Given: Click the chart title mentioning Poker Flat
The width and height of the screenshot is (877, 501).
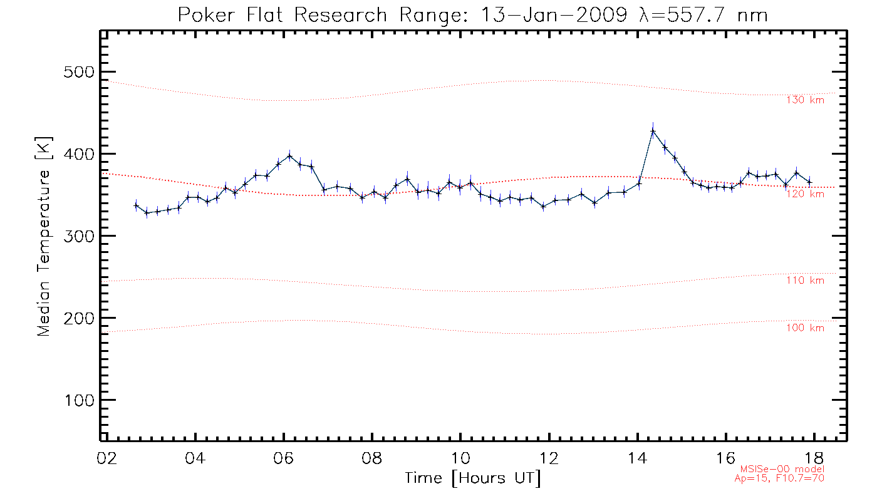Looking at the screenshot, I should pyautogui.click(x=473, y=14).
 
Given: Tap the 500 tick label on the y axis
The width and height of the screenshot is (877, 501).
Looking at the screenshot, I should pyautogui.click(x=79, y=72).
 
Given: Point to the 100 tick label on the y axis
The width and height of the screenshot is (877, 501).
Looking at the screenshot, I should pyautogui.click(x=79, y=400).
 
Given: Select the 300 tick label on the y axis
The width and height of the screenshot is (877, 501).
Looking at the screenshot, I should pyautogui.click(x=79, y=236).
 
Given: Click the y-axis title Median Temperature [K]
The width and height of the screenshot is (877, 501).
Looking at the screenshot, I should pyautogui.click(x=44, y=236).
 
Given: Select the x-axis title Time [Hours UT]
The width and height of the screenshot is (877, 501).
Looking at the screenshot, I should pyautogui.click(x=472, y=478).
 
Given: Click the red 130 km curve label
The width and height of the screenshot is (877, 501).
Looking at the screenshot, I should pyautogui.click(x=806, y=100).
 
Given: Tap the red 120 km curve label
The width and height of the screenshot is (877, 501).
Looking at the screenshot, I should pyautogui.click(x=806, y=194).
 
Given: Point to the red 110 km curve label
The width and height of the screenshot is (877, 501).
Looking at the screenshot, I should pyautogui.click(x=806, y=281).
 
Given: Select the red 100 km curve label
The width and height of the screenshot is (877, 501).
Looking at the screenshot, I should pyautogui.click(x=806, y=328).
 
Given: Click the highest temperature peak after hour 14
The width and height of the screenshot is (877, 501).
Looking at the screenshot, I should pyautogui.click(x=653, y=131).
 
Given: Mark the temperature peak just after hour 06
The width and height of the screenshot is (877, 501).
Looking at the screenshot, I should pyautogui.click(x=289, y=155).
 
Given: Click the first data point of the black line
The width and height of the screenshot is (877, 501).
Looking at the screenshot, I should pyautogui.click(x=136, y=205).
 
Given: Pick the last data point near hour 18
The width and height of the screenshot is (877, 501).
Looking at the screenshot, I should pyautogui.click(x=809, y=182).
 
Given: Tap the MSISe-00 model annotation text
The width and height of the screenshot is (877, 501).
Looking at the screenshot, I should pyautogui.click(x=782, y=469).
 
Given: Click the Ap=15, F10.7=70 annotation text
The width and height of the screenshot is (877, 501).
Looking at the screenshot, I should pyautogui.click(x=780, y=478).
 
